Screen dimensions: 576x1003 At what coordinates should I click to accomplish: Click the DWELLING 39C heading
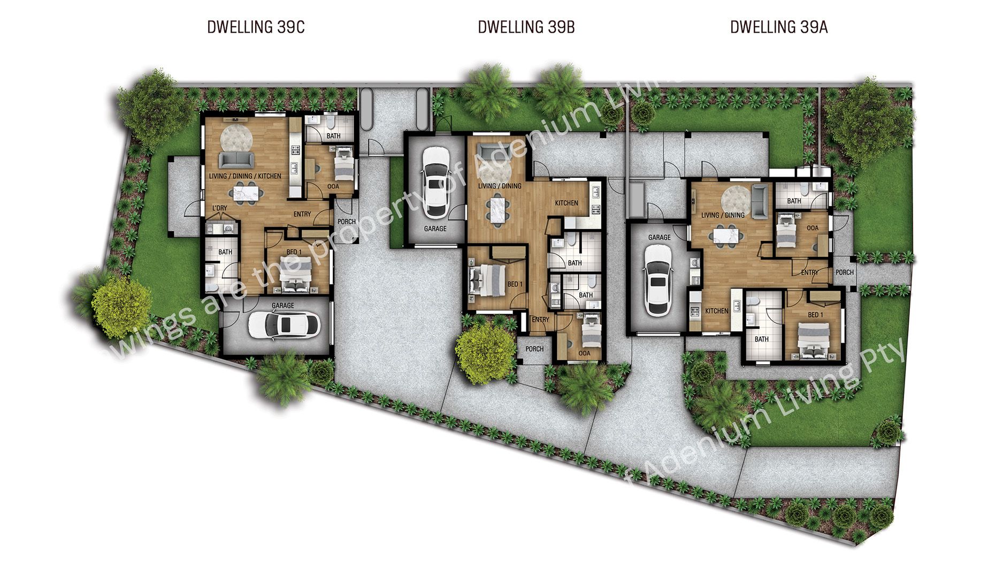[256, 27]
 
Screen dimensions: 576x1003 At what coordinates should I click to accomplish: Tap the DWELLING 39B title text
[526, 27]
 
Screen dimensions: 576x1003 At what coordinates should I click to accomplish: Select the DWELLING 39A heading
[779, 27]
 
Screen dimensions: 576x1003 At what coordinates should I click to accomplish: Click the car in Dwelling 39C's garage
[284, 324]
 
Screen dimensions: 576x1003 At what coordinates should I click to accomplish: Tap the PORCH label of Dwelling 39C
[347, 222]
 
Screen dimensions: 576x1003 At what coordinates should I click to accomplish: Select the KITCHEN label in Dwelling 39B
[566, 203]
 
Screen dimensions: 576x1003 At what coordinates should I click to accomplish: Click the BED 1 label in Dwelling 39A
[815, 315]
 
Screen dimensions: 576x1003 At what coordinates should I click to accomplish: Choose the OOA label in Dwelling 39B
[584, 353]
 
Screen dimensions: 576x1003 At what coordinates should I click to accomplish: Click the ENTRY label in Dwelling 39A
[809, 272]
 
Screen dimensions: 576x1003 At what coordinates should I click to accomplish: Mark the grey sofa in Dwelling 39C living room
[236, 160]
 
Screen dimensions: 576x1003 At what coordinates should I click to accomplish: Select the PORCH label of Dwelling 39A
[845, 272]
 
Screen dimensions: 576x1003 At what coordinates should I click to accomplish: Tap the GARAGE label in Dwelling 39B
[435, 229]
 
